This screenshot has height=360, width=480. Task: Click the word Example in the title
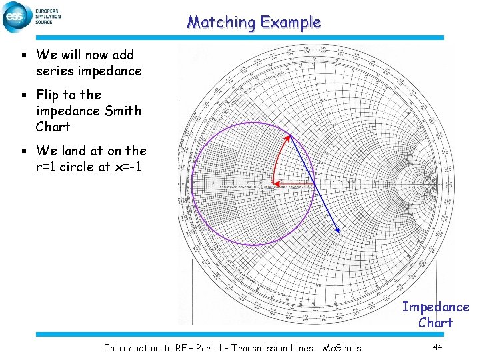[291, 23]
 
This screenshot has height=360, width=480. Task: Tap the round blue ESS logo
[17, 17]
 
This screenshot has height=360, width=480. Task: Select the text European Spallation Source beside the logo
[46, 17]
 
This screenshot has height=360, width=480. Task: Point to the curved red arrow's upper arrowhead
[289, 137]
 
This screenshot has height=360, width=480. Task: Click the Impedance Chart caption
[435, 315]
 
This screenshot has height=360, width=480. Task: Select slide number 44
[438, 347]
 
